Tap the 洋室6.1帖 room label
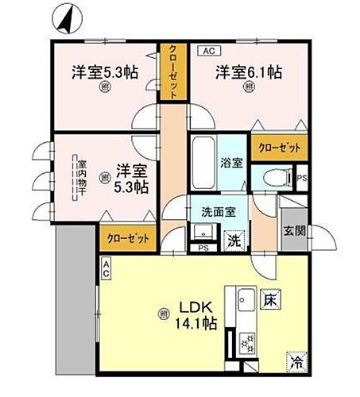[247, 72]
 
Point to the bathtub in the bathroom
[203, 163]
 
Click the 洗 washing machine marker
[234, 236]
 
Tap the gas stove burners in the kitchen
[246, 341]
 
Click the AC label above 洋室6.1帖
[209, 51]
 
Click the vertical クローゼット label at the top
[171, 70]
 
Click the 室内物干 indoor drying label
[81, 184]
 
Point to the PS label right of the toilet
[301, 178]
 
